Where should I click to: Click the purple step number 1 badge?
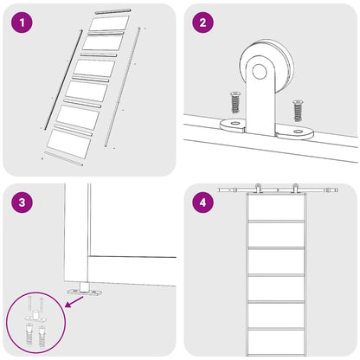point(22,22)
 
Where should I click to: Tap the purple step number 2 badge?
point(203,22)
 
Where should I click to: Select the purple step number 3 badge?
point(22,202)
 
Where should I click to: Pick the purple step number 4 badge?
point(203,202)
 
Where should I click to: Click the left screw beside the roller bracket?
point(235,102)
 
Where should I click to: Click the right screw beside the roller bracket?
point(298,110)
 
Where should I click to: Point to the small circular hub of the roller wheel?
point(260,72)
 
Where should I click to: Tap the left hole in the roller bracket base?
point(235,124)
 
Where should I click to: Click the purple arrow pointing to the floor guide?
point(74,302)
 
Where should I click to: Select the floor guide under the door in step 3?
point(85,289)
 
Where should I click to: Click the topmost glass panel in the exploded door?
point(109,22)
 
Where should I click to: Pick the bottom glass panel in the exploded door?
point(69,144)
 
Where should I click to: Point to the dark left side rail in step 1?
point(63,80)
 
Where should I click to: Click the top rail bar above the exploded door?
point(112,12)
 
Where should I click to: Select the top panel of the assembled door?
point(276,207)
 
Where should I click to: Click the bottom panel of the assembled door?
point(276,343)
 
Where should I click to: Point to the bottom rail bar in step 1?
point(64,158)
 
